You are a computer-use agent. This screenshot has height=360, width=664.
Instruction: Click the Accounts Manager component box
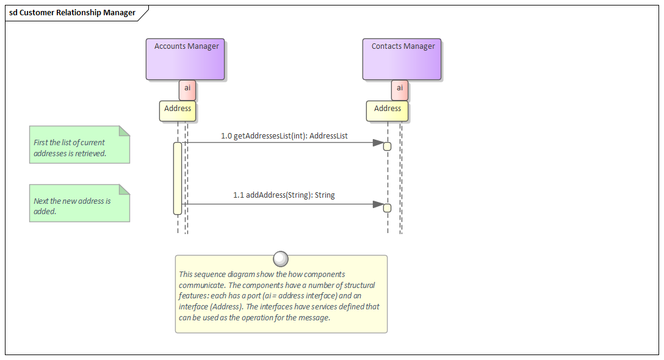tap(185, 60)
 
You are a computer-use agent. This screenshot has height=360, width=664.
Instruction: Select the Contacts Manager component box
tap(402, 60)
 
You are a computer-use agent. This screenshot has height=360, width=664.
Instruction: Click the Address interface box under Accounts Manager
tap(178, 110)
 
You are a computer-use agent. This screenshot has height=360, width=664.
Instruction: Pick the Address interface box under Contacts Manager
tap(388, 110)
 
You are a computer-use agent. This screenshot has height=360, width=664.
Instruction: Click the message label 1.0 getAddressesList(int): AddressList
tap(284, 136)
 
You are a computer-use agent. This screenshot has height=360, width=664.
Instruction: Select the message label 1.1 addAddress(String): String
tap(284, 195)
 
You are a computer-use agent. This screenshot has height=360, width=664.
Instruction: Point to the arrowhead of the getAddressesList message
tap(378, 143)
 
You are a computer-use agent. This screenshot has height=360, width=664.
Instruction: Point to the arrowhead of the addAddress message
tap(378, 204)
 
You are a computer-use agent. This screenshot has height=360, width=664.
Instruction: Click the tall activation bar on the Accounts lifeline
tap(178, 178)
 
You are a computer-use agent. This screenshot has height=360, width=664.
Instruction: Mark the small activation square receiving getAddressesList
tap(387, 146)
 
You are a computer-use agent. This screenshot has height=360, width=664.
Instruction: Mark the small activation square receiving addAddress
tap(387, 208)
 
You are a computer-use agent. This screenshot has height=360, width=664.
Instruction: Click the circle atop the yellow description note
tap(281, 259)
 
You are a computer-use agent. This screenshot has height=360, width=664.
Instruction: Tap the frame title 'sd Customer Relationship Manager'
tap(72, 13)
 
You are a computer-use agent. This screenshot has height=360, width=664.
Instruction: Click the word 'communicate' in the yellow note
tap(201, 285)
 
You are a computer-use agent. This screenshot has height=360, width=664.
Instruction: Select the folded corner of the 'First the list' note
tap(125, 131)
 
